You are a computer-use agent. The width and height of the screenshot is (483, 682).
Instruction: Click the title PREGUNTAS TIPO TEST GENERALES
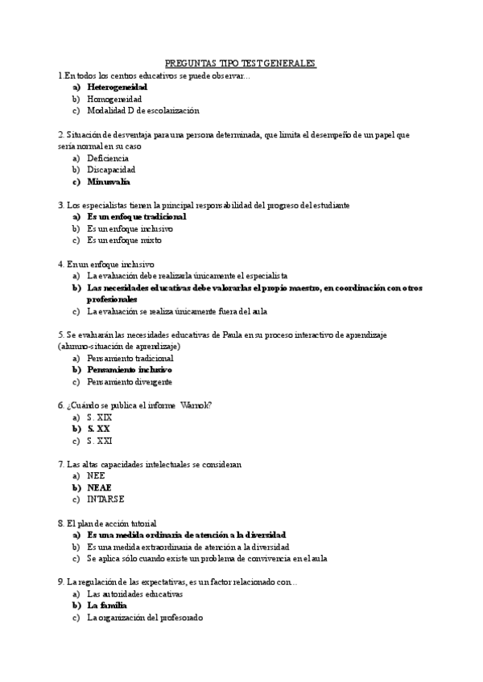coord(241,63)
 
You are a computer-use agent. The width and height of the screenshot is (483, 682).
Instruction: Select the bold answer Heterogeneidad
coord(117,86)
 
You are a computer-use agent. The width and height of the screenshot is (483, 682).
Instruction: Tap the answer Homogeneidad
coord(114,98)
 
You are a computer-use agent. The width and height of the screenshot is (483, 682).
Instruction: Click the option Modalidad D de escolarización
coord(142,110)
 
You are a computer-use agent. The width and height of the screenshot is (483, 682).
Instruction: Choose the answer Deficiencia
coord(107,158)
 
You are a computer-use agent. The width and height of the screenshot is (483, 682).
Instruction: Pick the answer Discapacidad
coord(111,170)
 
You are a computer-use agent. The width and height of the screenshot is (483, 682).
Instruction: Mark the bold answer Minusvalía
coord(109,182)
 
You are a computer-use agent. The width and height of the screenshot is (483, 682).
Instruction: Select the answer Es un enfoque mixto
coord(124,240)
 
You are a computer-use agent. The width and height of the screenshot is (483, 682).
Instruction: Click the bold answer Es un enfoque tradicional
coord(136,216)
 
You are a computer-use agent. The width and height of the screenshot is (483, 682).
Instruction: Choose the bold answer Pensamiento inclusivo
coord(130,370)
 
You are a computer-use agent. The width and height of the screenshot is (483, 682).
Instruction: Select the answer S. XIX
coord(99,417)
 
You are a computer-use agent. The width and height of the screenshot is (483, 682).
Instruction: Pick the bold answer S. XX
coord(98,429)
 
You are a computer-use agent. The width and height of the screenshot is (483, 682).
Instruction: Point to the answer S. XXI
coord(100,441)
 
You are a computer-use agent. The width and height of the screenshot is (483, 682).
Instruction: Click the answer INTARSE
coord(105,499)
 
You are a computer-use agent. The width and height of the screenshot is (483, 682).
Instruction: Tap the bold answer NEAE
coord(99,487)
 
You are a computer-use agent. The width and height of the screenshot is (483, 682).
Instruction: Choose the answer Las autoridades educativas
coord(134,594)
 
